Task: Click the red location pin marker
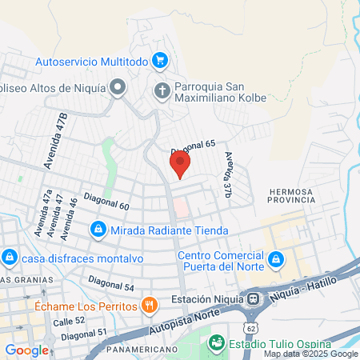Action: tap(180, 164)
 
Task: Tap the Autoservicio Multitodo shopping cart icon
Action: tap(160, 59)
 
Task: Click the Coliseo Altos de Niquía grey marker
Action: tap(118, 86)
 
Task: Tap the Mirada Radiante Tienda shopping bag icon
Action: tap(98, 230)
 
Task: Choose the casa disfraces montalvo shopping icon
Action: tap(10, 258)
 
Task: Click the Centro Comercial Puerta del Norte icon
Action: tap(275, 258)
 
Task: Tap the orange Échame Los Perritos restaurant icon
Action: tap(148, 304)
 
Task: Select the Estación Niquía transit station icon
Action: tap(254, 299)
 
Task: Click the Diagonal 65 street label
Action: tap(194, 146)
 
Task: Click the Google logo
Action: tap(26, 350)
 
